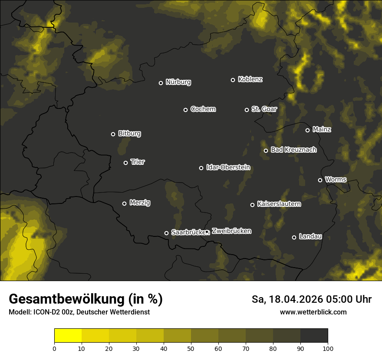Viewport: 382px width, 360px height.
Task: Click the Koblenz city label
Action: point(250,79)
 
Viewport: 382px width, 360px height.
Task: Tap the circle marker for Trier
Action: point(126,163)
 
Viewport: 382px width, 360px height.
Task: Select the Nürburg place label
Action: point(178,82)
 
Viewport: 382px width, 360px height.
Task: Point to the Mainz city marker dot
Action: point(308,130)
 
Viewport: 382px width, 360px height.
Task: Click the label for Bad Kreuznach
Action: point(293,150)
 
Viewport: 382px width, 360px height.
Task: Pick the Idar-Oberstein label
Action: point(228,167)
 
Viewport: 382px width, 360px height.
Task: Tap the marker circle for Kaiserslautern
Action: point(253,205)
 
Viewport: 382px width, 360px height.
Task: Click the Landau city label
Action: point(310,236)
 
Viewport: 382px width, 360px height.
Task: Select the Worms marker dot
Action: point(320,180)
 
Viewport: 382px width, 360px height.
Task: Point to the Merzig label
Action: point(140,203)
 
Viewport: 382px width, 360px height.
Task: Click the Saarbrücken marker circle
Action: point(166,233)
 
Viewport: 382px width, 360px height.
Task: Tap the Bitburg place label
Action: point(129,133)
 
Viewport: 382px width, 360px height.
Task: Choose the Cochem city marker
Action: point(185,110)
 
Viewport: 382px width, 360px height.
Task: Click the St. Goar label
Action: point(264,109)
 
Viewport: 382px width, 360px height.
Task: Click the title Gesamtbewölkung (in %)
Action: point(86,299)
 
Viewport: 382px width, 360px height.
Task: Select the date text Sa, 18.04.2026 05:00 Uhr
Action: point(311,299)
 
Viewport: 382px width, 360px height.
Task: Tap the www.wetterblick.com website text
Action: point(313,312)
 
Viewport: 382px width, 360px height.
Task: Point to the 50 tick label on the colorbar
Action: point(191,348)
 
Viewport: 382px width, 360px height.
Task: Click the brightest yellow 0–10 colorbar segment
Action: point(68,336)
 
